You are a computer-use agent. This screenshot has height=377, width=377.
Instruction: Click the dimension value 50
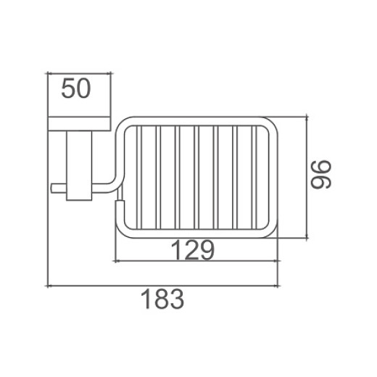(x=76, y=89)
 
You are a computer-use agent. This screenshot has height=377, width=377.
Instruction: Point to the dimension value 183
(x=160, y=298)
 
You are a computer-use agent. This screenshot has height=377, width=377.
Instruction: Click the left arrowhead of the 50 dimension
(x=49, y=72)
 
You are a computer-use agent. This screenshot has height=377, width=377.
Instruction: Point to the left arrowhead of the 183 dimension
(x=49, y=286)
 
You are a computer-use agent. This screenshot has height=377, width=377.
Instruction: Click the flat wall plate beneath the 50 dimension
(x=80, y=123)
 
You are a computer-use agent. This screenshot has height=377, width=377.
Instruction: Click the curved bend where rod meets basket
(x=116, y=181)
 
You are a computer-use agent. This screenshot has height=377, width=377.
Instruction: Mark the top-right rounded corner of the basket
(x=272, y=123)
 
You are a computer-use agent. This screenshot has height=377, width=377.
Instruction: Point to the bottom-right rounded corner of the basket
(x=272, y=231)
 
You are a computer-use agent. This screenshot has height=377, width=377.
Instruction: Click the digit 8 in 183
(x=160, y=298)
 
